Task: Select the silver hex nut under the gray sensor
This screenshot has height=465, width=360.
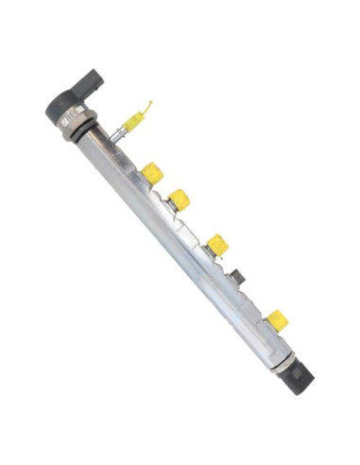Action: pyautogui.click(x=77, y=125)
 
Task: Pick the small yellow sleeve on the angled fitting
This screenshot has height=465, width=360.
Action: pyautogui.click(x=133, y=121)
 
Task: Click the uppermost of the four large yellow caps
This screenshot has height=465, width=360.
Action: pyautogui.click(x=152, y=173)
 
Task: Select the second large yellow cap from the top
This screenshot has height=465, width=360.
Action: pyautogui.click(x=180, y=198)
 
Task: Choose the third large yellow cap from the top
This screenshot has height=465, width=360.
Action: pyautogui.click(x=218, y=245)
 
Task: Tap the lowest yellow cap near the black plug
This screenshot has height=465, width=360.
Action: pyautogui.click(x=277, y=320)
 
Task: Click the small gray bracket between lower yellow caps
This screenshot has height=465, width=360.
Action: pyautogui.click(x=240, y=278)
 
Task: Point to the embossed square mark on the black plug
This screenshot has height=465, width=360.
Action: pyautogui.click(x=302, y=377)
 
